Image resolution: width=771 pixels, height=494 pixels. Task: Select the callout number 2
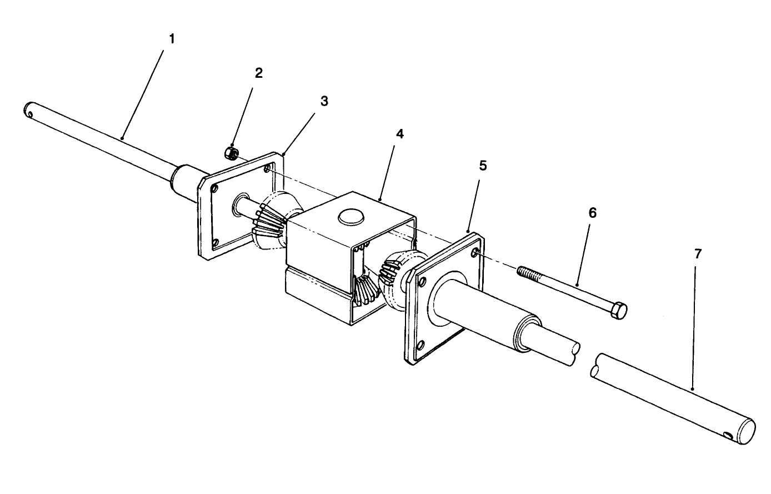[x=259, y=73]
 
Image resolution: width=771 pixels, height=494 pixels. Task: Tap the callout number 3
[x=324, y=101]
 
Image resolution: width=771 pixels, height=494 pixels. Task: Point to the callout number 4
[x=400, y=134]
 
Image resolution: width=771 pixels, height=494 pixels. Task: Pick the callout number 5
[x=483, y=166]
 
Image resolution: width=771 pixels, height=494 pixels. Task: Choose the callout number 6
[x=592, y=213]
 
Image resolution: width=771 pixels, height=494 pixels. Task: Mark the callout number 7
[x=698, y=253]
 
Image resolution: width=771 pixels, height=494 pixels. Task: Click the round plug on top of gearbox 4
[x=351, y=217]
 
